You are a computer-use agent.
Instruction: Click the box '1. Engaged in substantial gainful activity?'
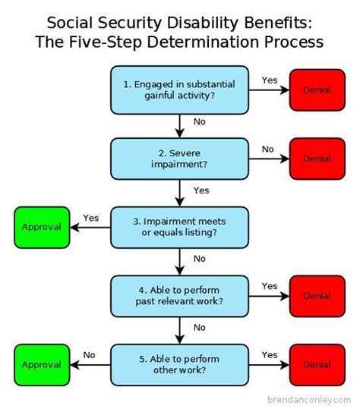[x=179, y=90]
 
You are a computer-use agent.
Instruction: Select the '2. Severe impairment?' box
[x=179, y=159]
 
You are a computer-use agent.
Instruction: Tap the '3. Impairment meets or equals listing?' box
[x=179, y=227]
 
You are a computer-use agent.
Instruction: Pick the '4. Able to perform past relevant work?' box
[x=179, y=296]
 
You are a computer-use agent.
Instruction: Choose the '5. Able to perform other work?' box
[x=179, y=365]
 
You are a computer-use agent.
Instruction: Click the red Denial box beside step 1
[x=317, y=90]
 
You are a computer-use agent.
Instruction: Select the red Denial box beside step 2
[x=317, y=159]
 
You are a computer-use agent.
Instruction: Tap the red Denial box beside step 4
[x=317, y=296]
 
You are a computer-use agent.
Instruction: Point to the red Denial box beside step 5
[x=317, y=365]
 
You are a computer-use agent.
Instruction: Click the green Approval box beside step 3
[x=42, y=227]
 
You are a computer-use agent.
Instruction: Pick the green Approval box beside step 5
[x=42, y=365]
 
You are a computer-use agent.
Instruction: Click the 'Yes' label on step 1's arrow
[x=270, y=79]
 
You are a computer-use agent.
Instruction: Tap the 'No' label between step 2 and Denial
[x=268, y=149]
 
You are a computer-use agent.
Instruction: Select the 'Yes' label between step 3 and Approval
[x=90, y=218]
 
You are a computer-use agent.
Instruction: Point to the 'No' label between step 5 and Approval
[x=89, y=354]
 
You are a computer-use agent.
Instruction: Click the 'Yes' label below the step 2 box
[x=201, y=190]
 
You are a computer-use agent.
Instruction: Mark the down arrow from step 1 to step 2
[x=179, y=124]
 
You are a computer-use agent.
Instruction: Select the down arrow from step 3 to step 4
[x=179, y=262]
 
